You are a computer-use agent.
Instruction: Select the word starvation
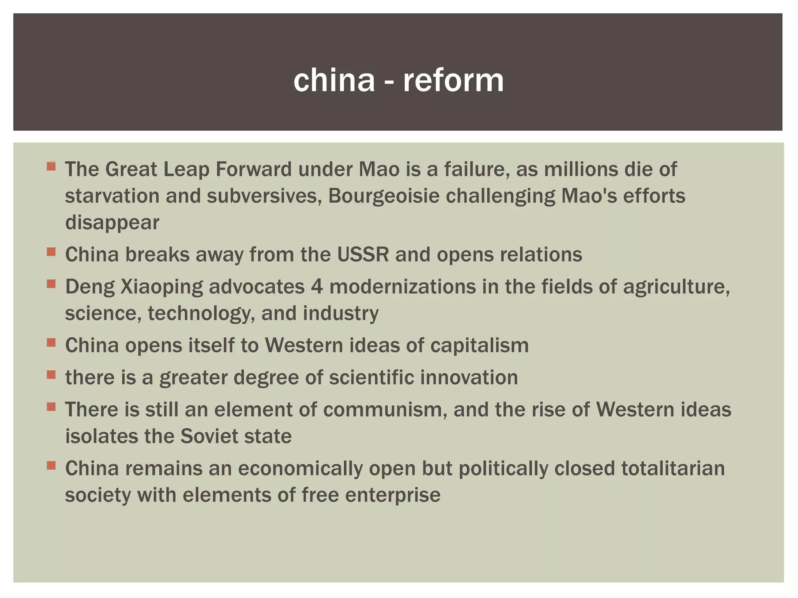(x=112, y=196)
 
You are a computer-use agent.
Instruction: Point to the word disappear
(x=112, y=223)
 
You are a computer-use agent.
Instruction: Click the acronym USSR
(x=363, y=255)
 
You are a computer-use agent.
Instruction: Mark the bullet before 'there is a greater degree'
(x=51, y=375)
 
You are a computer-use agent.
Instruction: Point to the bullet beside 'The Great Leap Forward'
(x=51, y=167)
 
